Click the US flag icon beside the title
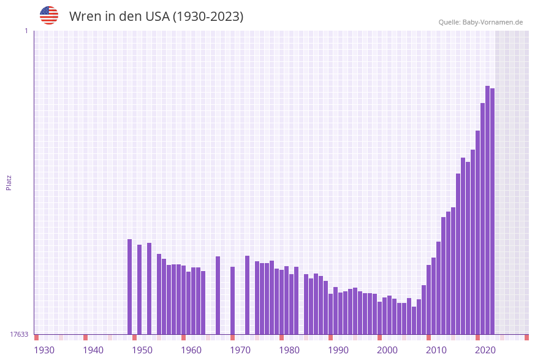[49, 15]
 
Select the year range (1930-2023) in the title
[208, 17]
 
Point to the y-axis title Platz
[9, 182]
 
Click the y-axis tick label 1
[26, 31]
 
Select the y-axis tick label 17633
[19, 334]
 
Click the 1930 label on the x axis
[44, 350]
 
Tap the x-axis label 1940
[93, 350]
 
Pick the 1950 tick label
[142, 350]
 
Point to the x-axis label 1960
[191, 350]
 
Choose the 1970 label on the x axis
[240, 350]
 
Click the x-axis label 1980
[289, 350]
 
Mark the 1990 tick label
[338, 350]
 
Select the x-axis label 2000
[387, 350]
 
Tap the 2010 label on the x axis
[436, 350]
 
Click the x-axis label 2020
[485, 350]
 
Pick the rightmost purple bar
[492, 211]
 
